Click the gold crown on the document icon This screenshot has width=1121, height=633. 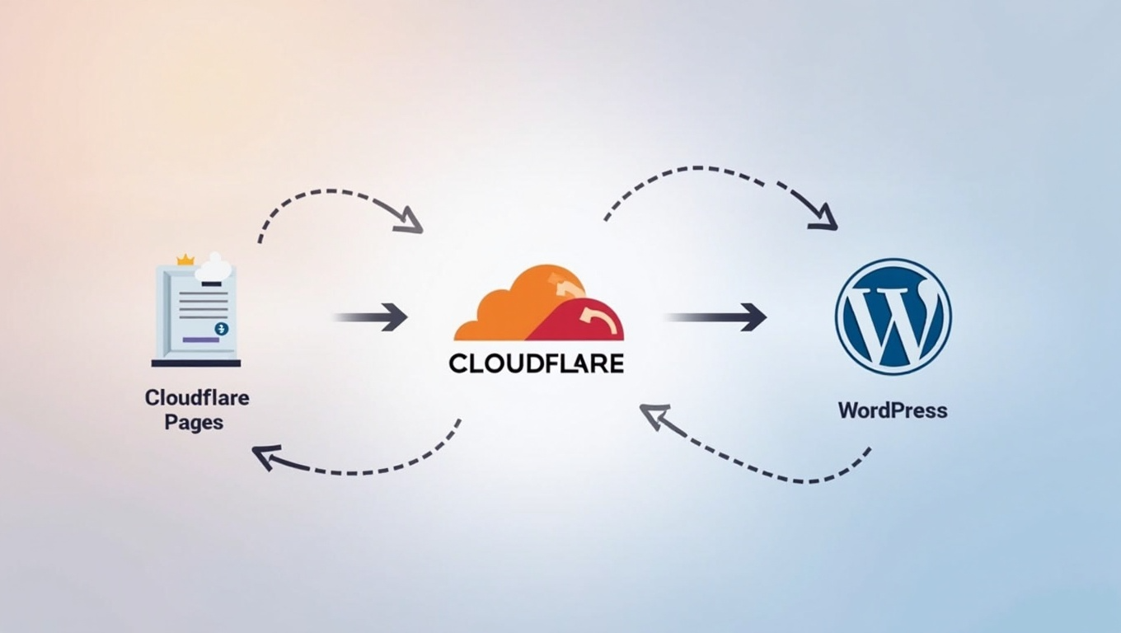click(x=185, y=260)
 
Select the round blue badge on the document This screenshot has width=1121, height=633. click(x=221, y=329)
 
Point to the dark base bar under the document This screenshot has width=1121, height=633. click(x=196, y=363)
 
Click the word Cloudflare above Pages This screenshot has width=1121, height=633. click(x=197, y=398)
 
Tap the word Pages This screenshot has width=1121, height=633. click(x=194, y=423)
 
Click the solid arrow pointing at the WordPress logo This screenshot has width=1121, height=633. click(x=717, y=316)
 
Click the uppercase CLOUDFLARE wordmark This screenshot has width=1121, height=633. click(x=537, y=363)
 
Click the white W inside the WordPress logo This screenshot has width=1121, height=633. click(x=893, y=317)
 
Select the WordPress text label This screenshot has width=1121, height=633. click(x=893, y=410)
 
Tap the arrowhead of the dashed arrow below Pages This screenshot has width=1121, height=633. click(x=266, y=456)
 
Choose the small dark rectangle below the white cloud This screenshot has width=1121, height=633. click(x=212, y=284)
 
